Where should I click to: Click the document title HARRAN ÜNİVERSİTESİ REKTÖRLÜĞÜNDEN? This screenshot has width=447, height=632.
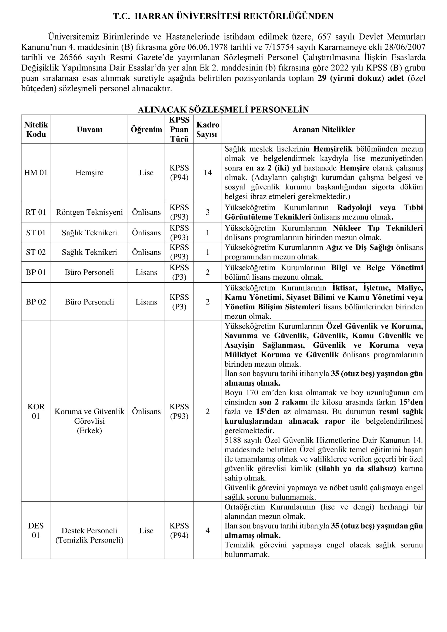point(234,16)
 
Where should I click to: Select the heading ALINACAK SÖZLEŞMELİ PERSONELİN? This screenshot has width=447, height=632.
point(223,109)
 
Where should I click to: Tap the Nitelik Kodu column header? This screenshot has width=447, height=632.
point(36,129)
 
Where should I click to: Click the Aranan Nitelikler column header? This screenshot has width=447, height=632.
point(323,129)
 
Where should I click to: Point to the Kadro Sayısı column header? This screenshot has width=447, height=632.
point(208,129)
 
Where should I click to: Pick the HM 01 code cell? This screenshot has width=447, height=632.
point(36,173)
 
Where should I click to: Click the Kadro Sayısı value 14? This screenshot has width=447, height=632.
point(208,173)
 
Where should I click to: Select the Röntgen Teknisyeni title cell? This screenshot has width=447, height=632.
point(89,212)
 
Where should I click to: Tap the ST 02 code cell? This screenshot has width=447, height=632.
point(36,252)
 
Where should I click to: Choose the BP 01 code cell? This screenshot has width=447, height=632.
point(36,272)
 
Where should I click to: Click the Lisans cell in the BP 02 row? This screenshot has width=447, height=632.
point(146,302)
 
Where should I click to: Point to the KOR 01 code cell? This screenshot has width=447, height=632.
point(36,411)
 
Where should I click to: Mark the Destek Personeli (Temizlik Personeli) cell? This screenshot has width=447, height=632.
point(89,535)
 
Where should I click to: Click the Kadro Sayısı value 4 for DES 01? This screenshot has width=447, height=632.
point(208,530)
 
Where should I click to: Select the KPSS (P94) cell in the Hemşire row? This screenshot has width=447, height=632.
point(179,173)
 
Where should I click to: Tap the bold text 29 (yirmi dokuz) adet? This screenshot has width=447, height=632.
point(361,78)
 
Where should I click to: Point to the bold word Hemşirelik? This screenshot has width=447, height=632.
point(333,149)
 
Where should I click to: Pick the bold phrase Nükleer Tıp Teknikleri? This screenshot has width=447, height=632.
point(378,228)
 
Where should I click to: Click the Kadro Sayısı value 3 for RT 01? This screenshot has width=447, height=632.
point(208,212)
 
